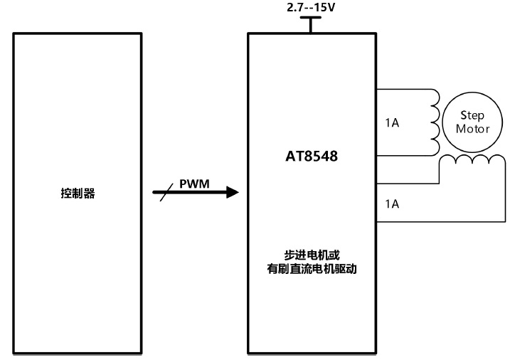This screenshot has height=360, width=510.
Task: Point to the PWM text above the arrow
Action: (194, 183)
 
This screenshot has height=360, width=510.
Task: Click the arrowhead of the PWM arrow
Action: (231, 192)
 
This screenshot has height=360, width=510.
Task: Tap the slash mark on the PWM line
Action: (164, 193)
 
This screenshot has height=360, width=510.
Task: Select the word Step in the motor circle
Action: (472, 115)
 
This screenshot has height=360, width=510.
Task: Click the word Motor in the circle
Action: (472, 129)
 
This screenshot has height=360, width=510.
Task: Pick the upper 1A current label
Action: (391, 123)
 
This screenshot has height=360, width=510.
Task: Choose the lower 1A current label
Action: (391, 203)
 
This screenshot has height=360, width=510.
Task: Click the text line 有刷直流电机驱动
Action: (310, 268)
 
